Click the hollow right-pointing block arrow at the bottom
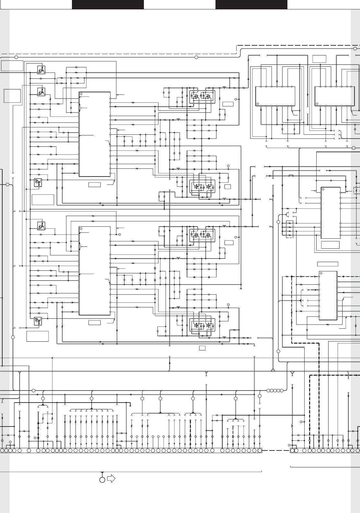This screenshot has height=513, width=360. point(111,479)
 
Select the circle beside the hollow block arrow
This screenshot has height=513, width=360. point(102,479)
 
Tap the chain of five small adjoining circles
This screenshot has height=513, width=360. point(275,390)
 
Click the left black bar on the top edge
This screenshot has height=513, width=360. point(108,5)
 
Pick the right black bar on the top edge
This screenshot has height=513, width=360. point(251,5)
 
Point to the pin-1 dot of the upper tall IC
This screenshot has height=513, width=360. point(81,94)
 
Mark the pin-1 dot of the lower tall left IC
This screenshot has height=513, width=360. point(81,229)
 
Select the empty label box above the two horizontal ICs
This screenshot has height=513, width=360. point(319,59)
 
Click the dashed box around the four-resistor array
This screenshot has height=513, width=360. point(290,229)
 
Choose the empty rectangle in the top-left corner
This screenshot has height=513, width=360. point(12,65)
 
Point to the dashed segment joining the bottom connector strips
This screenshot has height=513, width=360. point(276,450)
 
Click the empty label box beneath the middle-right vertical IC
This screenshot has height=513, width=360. point(330,245)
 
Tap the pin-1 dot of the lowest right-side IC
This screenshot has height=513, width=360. point(321,274)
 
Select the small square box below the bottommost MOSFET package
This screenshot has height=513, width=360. point(203,348)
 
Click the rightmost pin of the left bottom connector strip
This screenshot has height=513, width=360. point(260,450)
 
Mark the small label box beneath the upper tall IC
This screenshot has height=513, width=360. point(95,185)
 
